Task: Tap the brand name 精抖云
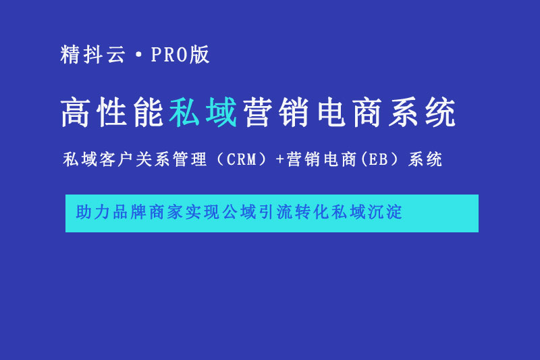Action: point(92,55)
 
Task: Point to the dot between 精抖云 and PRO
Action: point(138,55)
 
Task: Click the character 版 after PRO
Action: point(199,55)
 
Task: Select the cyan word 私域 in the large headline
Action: point(203,112)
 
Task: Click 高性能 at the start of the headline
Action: point(112,112)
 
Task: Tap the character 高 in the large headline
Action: point(76,112)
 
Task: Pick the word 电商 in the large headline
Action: point(350,112)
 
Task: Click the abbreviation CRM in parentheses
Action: point(242,159)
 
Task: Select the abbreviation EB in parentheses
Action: point(378,159)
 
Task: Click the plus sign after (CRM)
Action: point(279,159)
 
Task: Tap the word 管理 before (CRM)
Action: point(189,159)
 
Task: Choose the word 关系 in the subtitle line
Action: point(153,159)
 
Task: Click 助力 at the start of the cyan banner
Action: point(92,212)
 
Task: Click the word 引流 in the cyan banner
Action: point(275,212)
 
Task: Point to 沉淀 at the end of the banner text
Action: point(385,212)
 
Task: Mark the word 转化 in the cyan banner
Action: point(312,212)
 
